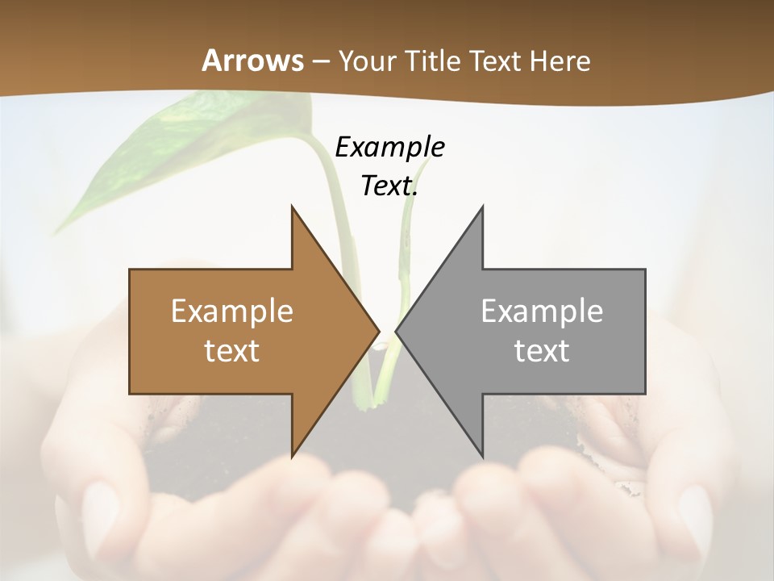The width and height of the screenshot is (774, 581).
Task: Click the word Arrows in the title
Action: tap(252, 61)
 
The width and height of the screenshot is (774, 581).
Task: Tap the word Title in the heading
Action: tap(432, 61)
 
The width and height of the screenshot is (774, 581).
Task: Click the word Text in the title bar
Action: tap(495, 61)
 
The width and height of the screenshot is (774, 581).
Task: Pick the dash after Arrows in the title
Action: tap(320, 62)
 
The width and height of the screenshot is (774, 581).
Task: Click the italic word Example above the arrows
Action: tap(389, 147)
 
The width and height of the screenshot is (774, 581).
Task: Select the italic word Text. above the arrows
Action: tap(389, 186)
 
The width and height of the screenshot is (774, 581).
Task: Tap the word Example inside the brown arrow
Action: tap(231, 311)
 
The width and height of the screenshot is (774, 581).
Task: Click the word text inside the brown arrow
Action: tap(231, 351)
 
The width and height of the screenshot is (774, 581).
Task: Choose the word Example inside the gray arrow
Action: tap(542, 311)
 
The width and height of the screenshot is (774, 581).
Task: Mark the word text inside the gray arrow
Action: tap(542, 351)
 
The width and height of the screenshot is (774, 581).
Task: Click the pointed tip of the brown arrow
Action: tap(378, 331)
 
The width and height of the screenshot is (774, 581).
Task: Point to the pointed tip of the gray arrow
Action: tap(397, 331)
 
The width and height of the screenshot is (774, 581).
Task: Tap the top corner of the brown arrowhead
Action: tap(292, 207)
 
